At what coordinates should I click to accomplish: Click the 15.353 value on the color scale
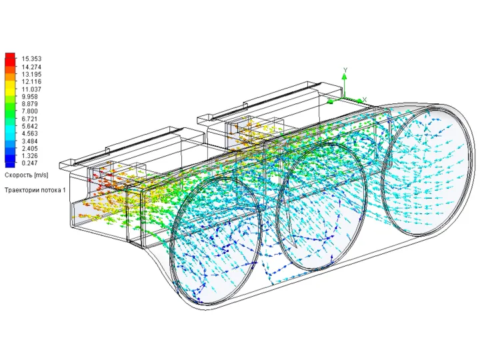click(x=31, y=59)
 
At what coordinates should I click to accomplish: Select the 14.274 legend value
click(x=31, y=67)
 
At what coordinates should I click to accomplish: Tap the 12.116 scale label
click(x=31, y=82)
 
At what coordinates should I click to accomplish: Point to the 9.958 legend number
click(x=30, y=97)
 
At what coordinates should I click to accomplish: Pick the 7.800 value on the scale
click(x=30, y=111)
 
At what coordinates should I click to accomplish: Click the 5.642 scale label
click(x=30, y=127)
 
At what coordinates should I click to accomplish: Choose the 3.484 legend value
click(x=30, y=141)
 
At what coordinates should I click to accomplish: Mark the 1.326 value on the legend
click(x=30, y=156)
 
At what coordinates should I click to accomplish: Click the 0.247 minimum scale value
click(x=30, y=163)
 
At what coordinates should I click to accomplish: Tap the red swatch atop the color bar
click(x=10, y=56)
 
